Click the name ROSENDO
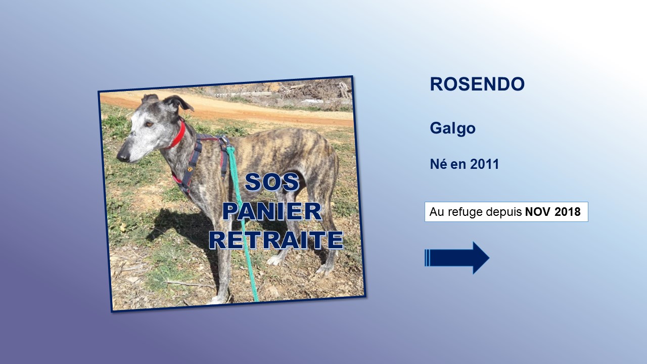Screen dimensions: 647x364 (477, 84)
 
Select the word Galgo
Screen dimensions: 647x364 (452, 128)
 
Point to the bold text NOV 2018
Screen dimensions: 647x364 (553, 212)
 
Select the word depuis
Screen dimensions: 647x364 (504, 212)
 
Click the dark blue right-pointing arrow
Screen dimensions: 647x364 (457, 258)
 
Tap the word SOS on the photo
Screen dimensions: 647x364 (271, 181)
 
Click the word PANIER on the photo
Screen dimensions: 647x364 (272, 211)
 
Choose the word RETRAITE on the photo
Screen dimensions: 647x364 (276, 240)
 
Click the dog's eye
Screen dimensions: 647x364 (149, 124)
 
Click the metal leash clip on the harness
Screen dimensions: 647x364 (224, 141)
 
